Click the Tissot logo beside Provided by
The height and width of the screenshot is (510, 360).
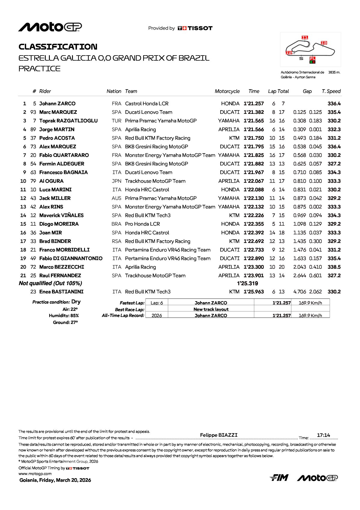tap(195, 28)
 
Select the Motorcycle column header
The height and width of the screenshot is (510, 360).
tap(227, 91)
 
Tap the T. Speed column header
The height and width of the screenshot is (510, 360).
tap(331, 91)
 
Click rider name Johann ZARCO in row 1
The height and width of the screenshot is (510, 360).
tap(57, 104)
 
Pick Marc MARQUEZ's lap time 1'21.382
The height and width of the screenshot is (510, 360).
tap(254, 112)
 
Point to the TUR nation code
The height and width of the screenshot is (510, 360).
tap(116, 121)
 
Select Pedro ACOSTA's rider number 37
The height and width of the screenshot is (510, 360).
tap(33, 138)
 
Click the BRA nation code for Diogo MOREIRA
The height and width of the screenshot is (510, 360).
tap(116, 224)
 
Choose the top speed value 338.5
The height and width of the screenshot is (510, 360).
tap(334, 267)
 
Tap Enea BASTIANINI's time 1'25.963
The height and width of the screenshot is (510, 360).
tap(254, 292)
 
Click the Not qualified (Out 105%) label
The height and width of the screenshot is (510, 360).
tap(50, 283)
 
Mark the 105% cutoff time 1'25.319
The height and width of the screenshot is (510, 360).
tap(247, 283)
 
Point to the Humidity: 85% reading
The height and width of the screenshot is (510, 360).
tap(64, 316)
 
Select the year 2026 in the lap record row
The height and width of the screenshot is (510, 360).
tap(157, 316)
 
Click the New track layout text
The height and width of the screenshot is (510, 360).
tap(211, 309)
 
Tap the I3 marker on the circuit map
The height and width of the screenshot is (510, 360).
tap(324, 43)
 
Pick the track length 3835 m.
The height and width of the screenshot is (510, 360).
tap(334, 72)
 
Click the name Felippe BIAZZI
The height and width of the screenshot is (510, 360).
tap(219, 435)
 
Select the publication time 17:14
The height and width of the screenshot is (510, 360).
tap(323, 435)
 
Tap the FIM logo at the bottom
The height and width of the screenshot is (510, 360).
tap(279, 478)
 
